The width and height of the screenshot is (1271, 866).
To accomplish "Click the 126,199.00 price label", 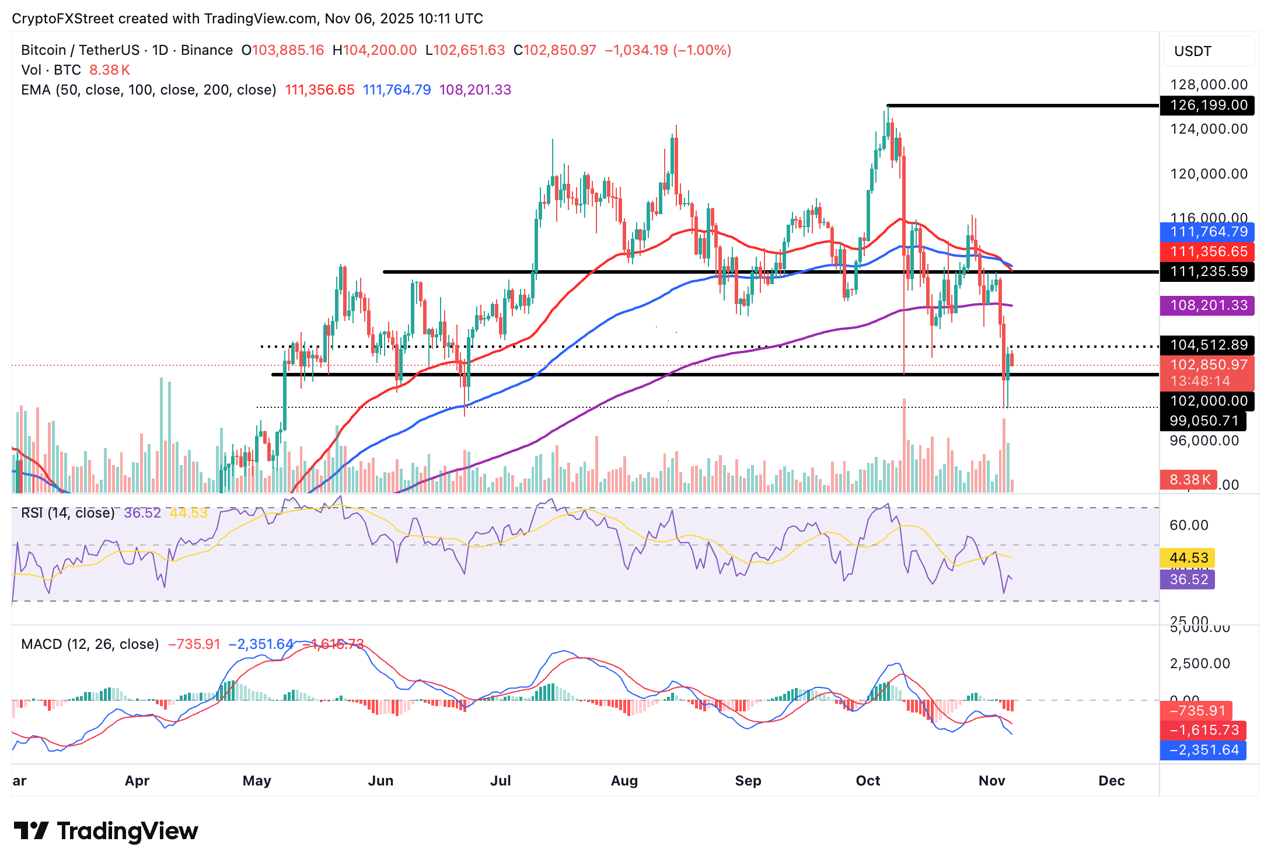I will (1207, 106).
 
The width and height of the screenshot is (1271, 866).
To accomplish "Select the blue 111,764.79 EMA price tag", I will (1207, 232).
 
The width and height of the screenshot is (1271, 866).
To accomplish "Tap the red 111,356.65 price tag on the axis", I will (1207, 252).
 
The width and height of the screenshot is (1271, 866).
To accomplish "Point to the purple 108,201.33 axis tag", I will (1207, 305).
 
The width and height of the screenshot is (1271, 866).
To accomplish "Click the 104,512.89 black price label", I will (1207, 345).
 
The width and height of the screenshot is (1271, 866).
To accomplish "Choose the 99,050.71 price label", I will (1203, 421).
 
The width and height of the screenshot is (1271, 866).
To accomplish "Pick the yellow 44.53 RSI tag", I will (1188, 558).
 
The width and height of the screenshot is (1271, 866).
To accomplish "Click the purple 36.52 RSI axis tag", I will (1188, 579).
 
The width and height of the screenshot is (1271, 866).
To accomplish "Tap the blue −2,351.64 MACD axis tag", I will (1203, 750).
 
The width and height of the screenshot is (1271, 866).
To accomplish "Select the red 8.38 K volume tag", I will (1189, 480).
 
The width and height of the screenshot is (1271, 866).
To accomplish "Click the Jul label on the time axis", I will (501, 781).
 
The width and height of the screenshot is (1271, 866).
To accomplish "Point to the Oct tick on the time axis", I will (868, 781).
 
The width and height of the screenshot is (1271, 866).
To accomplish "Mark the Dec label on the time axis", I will (1111, 781).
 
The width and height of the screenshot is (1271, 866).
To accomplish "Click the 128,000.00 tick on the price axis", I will (1209, 85).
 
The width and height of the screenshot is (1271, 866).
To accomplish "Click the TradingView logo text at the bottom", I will (127, 831).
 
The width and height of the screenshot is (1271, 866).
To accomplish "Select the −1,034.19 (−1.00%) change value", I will (668, 50).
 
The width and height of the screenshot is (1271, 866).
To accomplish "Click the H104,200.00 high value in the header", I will (375, 50).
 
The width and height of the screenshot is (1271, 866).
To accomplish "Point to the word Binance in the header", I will (207, 50).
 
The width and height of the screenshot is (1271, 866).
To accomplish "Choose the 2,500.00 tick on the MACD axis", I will (1200, 664).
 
